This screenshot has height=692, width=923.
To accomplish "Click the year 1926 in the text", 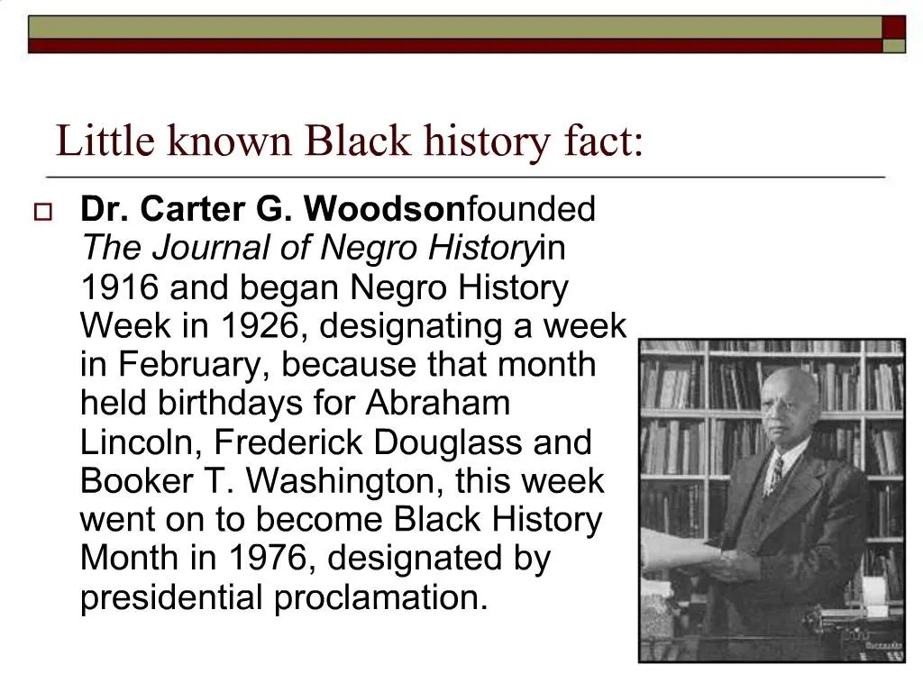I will coord(262,326).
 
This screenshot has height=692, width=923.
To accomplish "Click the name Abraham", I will coord(437,404).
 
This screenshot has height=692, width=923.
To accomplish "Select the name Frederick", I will coord(276,442).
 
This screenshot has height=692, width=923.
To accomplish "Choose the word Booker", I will coord(135,481).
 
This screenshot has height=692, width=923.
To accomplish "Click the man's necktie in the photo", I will coord(773,473).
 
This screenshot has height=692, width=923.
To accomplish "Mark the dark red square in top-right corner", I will coord(893,27).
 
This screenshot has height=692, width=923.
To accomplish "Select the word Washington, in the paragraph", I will coord(344,481).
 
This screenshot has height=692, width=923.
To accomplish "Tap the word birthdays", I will coord(231,404).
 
